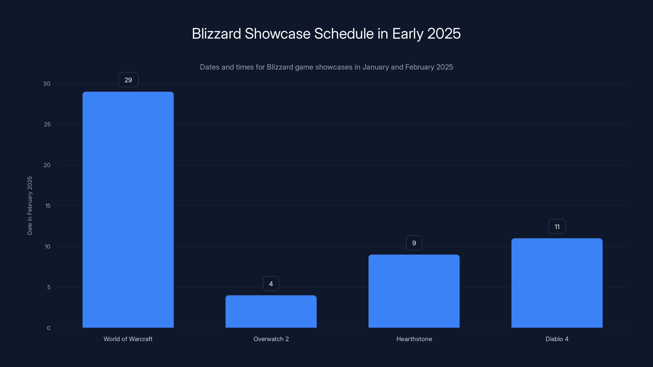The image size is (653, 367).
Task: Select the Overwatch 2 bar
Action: point(271,311)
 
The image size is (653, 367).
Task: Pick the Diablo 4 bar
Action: point(557,283)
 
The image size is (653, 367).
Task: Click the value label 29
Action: point(128,80)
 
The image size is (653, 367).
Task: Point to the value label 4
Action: point(271,284)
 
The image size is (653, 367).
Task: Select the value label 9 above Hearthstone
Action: point(414,243)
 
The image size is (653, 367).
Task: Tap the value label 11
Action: point(557,227)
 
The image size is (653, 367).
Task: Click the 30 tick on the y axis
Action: point(47,84)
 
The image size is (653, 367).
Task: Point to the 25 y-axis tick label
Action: point(47,124)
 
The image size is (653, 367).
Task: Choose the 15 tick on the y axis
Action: point(48,206)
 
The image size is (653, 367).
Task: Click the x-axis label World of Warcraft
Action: point(128,339)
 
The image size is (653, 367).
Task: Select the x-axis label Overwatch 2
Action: point(271,339)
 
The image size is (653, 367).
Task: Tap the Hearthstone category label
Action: point(414,339)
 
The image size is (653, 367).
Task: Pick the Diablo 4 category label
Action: point(557,339)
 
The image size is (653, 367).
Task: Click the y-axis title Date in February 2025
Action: point(30,206)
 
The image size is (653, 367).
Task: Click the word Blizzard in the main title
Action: point(216,34)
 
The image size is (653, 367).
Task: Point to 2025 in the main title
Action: point(444,34)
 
